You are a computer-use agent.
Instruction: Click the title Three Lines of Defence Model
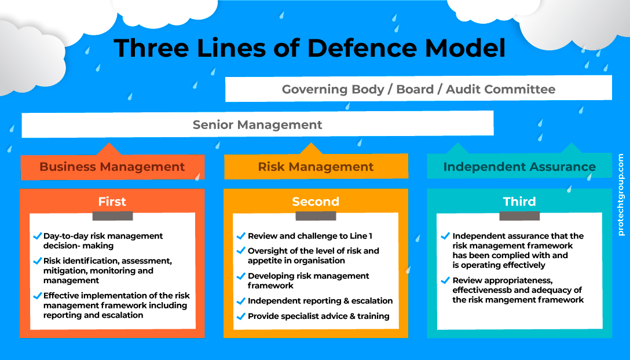pos(309,47)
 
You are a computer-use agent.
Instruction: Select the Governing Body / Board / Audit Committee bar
pos(418,89)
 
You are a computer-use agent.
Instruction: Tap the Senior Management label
pos(257,124)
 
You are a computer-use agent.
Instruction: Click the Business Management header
pos(112,167)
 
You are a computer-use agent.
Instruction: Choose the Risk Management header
pos(316,167)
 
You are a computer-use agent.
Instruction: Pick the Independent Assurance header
pos(519,167)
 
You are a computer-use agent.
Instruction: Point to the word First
pos(112,201)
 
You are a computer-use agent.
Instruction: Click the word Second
pos(316,201)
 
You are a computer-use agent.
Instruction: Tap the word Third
pos(519,201)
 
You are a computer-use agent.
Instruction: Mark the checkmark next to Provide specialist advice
pos(241,316)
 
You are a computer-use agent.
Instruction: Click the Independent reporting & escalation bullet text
pos(320,301)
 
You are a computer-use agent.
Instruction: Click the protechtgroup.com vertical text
pos(621,194)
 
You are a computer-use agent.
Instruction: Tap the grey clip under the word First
pos(112,216)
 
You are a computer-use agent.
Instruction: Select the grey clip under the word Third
pos(519,216)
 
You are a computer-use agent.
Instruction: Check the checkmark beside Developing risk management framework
pos(241,276)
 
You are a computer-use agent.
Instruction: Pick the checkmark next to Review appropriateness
pos(445,281)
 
